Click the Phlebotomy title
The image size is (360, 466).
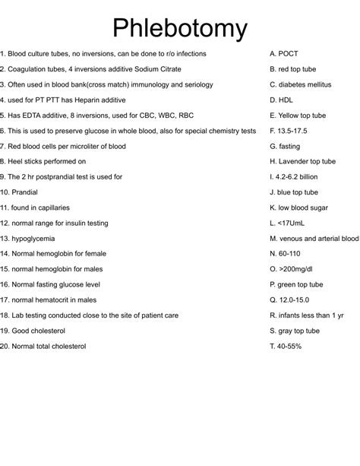(x=180, y=28)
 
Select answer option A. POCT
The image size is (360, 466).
(x=284, y=54)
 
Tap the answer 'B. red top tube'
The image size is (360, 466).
(x=292, y=69)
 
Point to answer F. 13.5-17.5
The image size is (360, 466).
(x=289, y=131)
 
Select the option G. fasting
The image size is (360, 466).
(x=286, y=146)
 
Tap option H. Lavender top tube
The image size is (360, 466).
(x=302, y=161)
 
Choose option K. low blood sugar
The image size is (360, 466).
(x=298, y=208)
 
